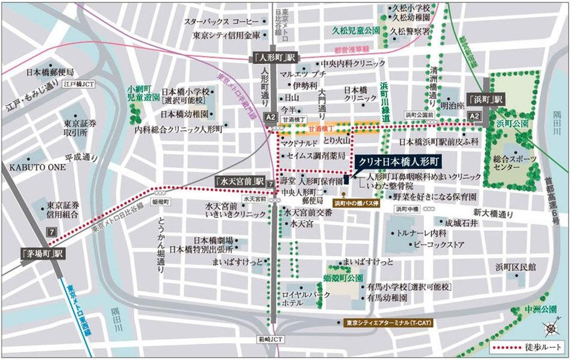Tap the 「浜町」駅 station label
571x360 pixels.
click(485, 100)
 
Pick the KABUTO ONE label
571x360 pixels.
click(37, 167)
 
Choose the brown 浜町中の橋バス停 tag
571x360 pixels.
click(359, 203)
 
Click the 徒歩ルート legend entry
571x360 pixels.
click(526, 347)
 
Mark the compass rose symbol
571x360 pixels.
click(552, 327)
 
